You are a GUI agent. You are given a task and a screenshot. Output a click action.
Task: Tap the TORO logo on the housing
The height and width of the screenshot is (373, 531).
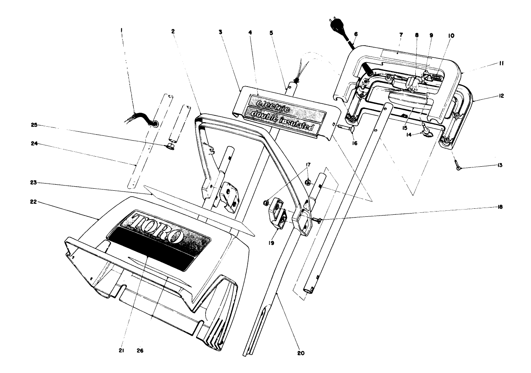[x=158, y=228]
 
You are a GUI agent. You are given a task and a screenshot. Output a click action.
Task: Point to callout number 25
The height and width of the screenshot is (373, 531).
[x=34, y=125]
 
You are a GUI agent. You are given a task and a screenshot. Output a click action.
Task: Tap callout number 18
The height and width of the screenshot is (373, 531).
[x=500, y=207]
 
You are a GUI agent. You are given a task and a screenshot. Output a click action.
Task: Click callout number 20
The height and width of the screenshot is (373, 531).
[x=301, y=353]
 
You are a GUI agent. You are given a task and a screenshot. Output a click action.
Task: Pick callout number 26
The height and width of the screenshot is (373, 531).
[x=140, y=351]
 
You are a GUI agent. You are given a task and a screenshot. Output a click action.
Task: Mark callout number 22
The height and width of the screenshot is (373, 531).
[x=34, y=202]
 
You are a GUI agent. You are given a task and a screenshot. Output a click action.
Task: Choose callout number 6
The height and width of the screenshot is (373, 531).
[x=356, y=35]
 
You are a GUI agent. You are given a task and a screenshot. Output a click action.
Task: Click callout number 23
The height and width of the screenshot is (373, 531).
[x=34, y=183]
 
